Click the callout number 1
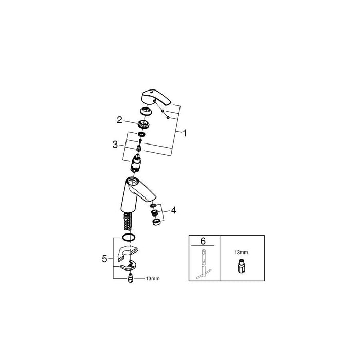click(185, 133)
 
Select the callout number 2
click(119, 120)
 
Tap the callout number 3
click(115, 145)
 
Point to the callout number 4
click(174, 210)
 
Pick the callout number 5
click(104, 259)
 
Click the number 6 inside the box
click(203, 241)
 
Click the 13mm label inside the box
click(241, 253)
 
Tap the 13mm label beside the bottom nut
click(153, 279)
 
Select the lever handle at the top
click(155, 97)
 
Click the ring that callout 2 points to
click(144, 124)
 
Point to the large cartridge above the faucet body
click(136, 164)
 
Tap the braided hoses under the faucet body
click(128, 222)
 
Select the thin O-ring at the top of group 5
click(129, 237)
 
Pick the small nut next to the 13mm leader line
click(130, 278)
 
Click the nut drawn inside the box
click(240, 266)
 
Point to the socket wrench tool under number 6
click(203, 264)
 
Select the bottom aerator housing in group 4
click(156, 222)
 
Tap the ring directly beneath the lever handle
click(146, 111)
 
